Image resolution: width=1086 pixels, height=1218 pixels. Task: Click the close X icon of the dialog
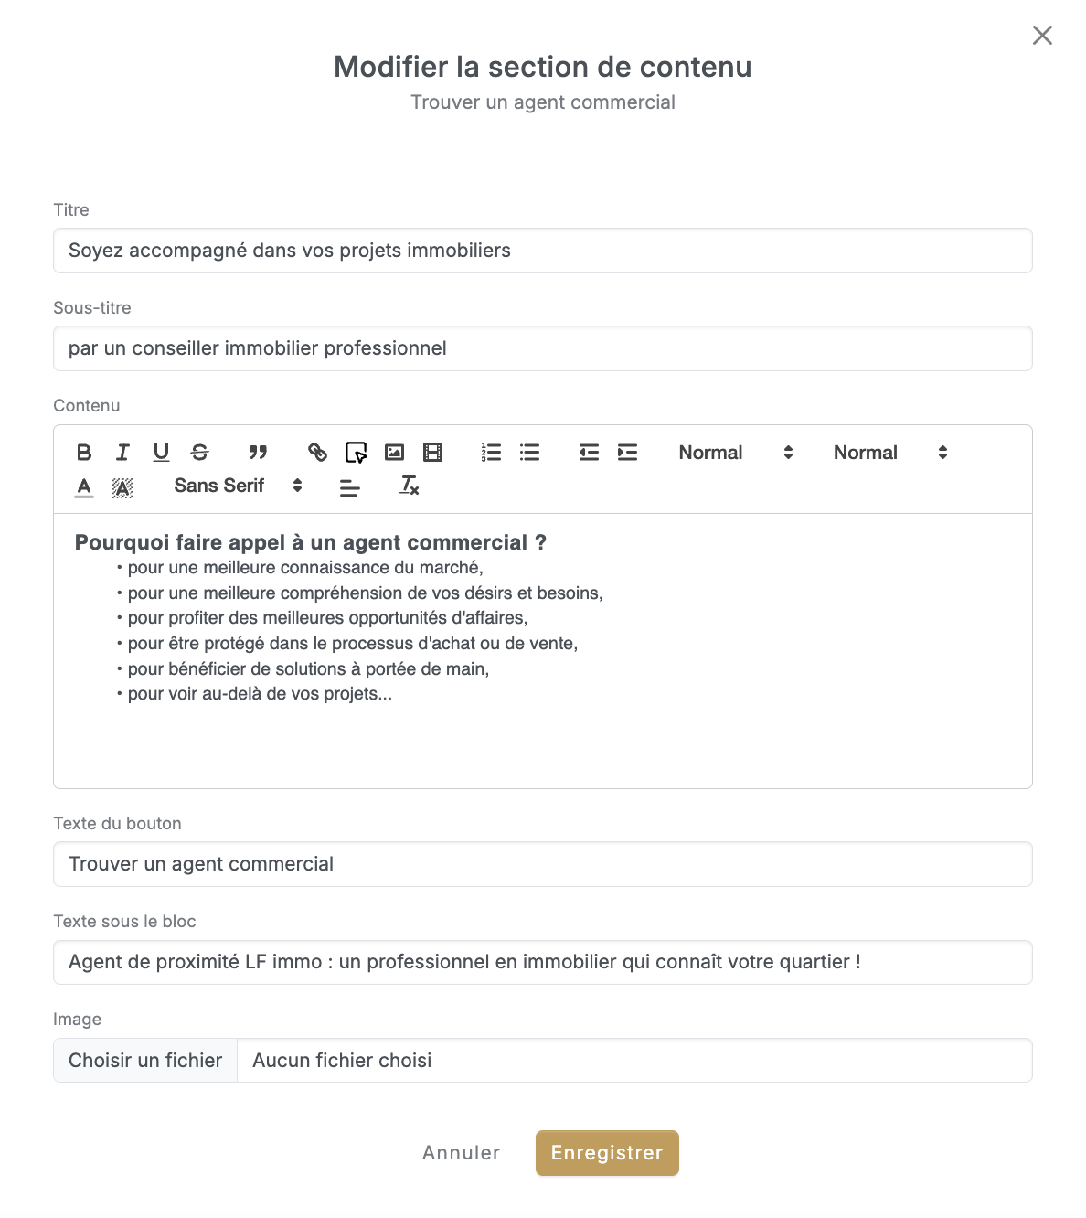1042,36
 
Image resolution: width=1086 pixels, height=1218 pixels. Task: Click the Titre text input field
542,251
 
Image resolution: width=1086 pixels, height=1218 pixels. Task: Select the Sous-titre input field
542,348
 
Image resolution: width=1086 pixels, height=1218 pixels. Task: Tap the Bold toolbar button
84,453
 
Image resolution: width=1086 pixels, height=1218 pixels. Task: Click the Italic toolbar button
122,453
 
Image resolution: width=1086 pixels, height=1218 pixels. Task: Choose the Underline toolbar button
161,453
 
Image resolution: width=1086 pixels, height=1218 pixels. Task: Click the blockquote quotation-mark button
259,453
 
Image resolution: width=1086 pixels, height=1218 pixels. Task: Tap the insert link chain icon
317,453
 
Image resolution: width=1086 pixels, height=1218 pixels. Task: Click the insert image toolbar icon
394,453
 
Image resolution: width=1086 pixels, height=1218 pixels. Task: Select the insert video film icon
432,453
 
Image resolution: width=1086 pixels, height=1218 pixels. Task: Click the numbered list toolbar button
491,453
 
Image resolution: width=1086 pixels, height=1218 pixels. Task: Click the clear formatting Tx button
409,486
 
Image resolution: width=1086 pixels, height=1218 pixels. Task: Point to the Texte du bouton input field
542,864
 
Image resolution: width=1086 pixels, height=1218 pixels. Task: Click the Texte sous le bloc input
542,962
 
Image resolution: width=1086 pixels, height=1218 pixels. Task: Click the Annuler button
461,1153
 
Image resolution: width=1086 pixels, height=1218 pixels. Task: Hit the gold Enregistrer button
607,1153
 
